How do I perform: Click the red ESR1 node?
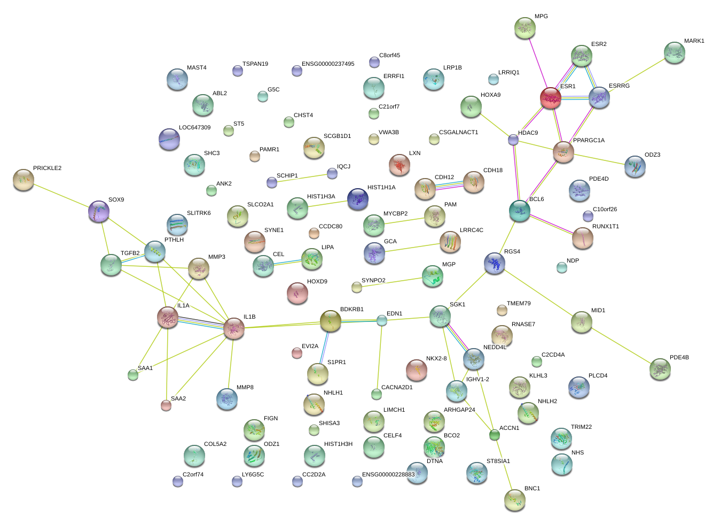pos(550,98)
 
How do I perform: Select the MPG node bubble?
pos(525,28)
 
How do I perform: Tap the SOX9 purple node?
pos(99,211)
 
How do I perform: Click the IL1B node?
pos(233,328)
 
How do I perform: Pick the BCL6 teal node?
pos(520,211)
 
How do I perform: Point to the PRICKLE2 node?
pos(23,180)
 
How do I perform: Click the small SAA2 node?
pos(166,405)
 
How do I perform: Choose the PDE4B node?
pos(660,369)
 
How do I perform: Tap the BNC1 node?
pos(515,499)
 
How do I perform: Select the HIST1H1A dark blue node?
pos(358,199)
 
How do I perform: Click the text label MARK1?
pos(694,41)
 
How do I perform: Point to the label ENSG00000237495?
pos(327,64)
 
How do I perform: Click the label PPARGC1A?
pos(589,141)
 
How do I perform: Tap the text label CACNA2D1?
pos(396,388)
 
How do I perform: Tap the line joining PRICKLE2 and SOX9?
pos(61,195)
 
